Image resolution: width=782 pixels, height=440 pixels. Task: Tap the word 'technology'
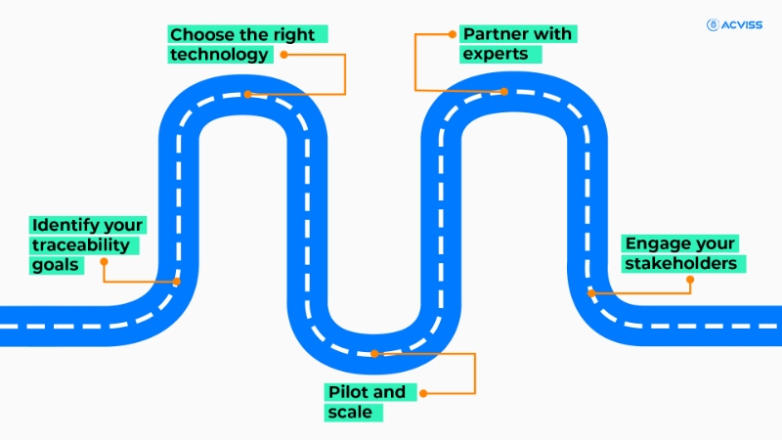218,55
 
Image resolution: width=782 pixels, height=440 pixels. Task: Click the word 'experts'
496,55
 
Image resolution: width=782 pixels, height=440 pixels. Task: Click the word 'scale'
349,413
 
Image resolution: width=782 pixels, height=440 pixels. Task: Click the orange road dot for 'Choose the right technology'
248,94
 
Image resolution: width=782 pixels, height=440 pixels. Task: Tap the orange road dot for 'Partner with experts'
505,92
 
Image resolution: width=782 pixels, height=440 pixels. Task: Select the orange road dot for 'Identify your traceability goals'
177,282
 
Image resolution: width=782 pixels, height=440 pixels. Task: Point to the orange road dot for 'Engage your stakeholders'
590,291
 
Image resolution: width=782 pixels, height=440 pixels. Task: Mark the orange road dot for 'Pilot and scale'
373,353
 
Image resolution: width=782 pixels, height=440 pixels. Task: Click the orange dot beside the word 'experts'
454,34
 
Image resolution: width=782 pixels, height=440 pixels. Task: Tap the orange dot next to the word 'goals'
104,262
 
